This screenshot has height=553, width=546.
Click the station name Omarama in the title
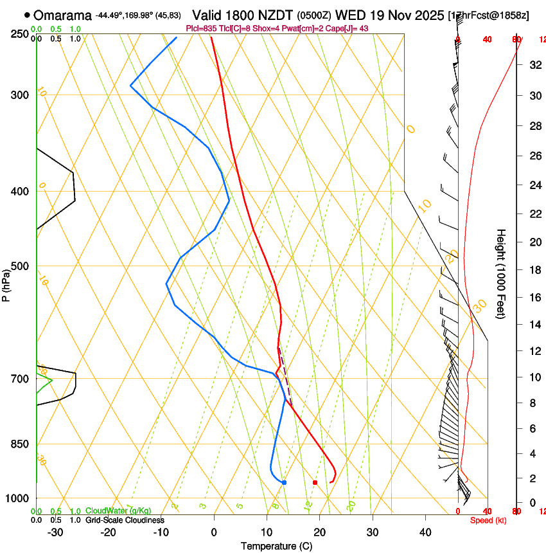point(62,15)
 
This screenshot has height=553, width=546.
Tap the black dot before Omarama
point(27,15)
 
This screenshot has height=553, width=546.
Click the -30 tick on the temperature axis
point(55,532)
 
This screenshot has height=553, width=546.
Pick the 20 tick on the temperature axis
point(319,532)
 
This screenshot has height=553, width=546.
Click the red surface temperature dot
point(315,482)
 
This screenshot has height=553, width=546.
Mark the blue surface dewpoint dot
point(284,482)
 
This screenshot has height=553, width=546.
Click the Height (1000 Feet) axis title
point(501,274)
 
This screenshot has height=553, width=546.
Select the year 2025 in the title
point(428,15)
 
